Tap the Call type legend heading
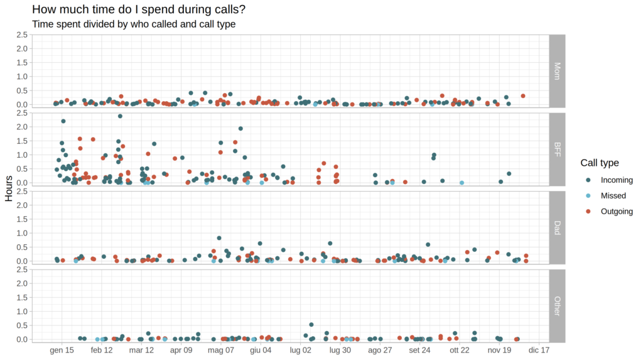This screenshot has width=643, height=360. [x=599, y=163]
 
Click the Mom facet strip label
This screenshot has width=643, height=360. [x=558, y=70]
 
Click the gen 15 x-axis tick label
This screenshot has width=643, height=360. [x=62, y=350]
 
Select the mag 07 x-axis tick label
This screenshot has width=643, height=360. [x=220, y=350]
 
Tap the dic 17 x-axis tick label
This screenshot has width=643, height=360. [x=539, y=350]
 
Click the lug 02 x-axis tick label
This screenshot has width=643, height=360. [x=300, y=350]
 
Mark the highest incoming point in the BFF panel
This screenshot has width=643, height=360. [x=120, y=116]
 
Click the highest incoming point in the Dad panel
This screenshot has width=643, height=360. [x=219, y=238]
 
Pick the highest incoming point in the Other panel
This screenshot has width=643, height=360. [x=311, y=325]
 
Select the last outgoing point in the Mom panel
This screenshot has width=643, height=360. [x=523, y=96]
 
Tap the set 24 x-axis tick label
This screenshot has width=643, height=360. [x=419, y=350]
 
